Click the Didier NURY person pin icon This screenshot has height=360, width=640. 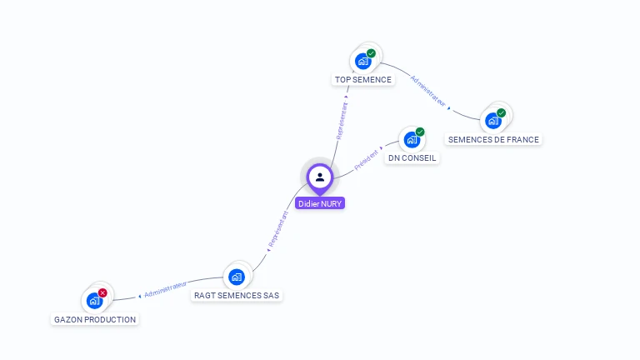(319, 177)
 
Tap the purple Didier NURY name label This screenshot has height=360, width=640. (319, 203)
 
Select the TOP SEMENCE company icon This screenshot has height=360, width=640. (362, 61)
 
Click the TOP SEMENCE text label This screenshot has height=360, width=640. (362, 80)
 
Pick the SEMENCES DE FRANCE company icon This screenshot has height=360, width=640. (492, 121)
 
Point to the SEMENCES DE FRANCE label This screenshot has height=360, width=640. (493, 140)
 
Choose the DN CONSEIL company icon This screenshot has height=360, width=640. (411, 139)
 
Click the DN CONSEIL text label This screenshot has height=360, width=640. (412, 158)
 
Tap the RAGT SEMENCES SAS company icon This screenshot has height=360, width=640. (237, 277)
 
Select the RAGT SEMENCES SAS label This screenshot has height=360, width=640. (237, 295)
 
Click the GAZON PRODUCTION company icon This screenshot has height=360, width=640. (94, 301)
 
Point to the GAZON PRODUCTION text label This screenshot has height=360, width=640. (95, 320)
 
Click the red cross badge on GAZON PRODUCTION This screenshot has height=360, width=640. (102, 292)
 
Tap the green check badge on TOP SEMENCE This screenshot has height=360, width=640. (371, 53)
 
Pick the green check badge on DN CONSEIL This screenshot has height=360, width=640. (420, 132)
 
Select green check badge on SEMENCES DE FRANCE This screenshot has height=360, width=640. (501, 112)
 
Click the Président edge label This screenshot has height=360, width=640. (367, 160)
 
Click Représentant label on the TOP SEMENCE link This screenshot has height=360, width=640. (341, 122)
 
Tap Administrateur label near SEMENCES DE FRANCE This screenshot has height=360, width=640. (428, 92)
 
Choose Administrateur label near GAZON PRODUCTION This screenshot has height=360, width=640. (164, 288)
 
